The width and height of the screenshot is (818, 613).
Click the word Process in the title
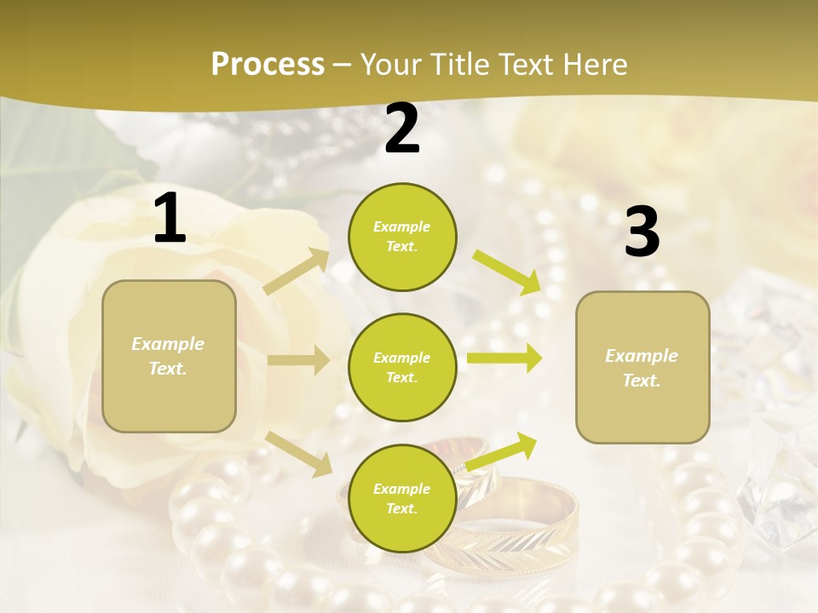click(x=268, y=65)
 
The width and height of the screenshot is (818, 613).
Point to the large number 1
click(x=170, y=219)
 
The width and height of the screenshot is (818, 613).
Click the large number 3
click(x=642, y=232)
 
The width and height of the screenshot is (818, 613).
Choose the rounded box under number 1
click(x=169, y=356)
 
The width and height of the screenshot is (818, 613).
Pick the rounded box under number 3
click(x=642, y=367)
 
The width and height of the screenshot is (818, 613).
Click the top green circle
click(x=402, y=237)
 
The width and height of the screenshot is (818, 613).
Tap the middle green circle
click(x=402, y=367)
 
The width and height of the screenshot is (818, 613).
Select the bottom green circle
click(x=402, y=498)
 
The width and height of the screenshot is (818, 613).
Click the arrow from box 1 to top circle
click(x=297, y=272)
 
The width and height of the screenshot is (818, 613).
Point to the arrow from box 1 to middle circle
click(x=298, y=360)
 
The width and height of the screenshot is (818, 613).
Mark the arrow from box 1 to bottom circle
click(x=299, y=454)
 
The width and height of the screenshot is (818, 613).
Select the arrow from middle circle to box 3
click(x=504, y=358)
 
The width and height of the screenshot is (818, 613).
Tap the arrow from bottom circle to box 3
click(x=502, y=451)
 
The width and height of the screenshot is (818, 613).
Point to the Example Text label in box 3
click(x=642, y=368)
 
